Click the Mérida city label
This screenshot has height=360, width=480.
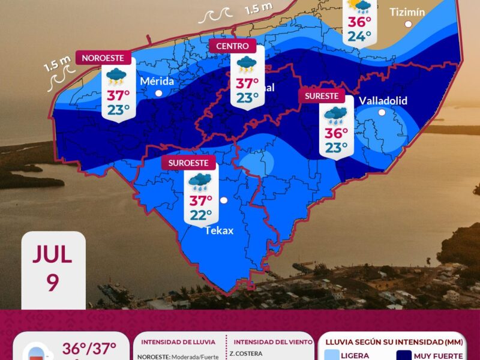click(157, 81)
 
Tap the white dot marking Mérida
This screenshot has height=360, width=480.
click(159, 93)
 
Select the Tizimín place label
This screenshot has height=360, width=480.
click(408, 11)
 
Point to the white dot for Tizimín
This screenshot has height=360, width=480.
click(409, 25)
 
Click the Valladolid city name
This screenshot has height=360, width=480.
click(383, 100)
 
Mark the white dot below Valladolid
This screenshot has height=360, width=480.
click(382, 112)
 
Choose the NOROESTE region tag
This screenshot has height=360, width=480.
click(103, 58)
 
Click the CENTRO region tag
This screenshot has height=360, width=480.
click(232, 46)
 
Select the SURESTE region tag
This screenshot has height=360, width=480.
click(322, 96)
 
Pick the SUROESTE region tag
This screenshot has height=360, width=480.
click(188, 163)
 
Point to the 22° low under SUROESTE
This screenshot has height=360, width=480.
click(201, 215)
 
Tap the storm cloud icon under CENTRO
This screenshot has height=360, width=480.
click(247, 64)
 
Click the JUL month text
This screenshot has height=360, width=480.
click(53, 254)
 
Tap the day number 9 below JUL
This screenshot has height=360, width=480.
click(53, 283)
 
